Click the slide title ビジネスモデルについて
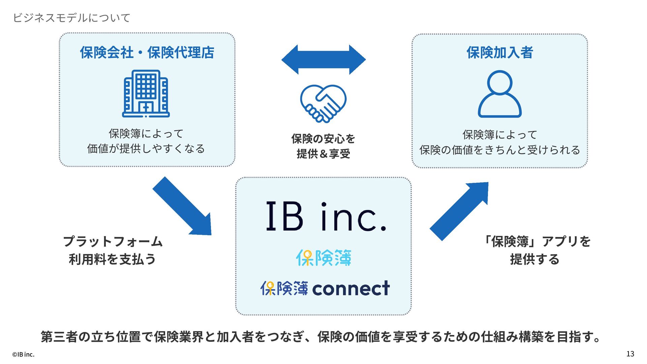[x=71, y=18]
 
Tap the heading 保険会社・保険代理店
[x=147, y=53]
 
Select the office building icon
[x=146, y=94]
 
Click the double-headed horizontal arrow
[x=323, y=60]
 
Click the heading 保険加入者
[x=500, y=53]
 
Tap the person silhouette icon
[x=500, y=94]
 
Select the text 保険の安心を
[x=323, y=139]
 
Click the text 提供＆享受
[x=323, y=154]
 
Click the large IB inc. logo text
[x=326, y=217]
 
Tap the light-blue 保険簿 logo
[x=323, y=258]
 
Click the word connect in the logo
[x=351, y=289]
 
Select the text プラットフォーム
[x=113, y=242]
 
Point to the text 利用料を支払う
[x=113, y=259]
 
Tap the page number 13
[x=630, y=354]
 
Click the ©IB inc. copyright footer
[x=23, y=355]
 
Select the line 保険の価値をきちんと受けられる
[x=500, y=150]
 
